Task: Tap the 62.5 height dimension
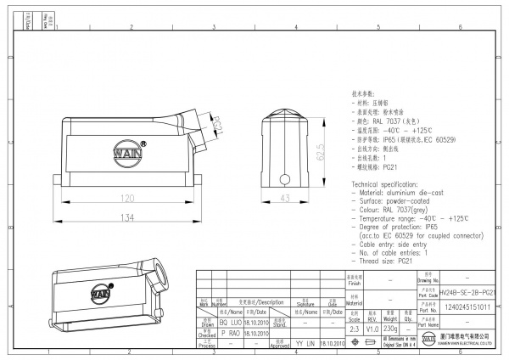pos(322,152)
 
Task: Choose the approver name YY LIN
pos(305,344)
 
